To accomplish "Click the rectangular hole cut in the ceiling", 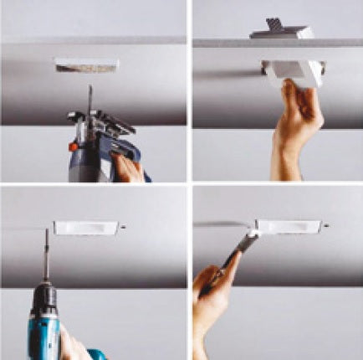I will (86, 64).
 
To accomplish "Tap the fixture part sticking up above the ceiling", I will (281, 29).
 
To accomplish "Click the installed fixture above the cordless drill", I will (87, 228).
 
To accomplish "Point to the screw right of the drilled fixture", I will (123, 227).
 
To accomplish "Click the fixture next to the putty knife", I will (288, 228).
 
